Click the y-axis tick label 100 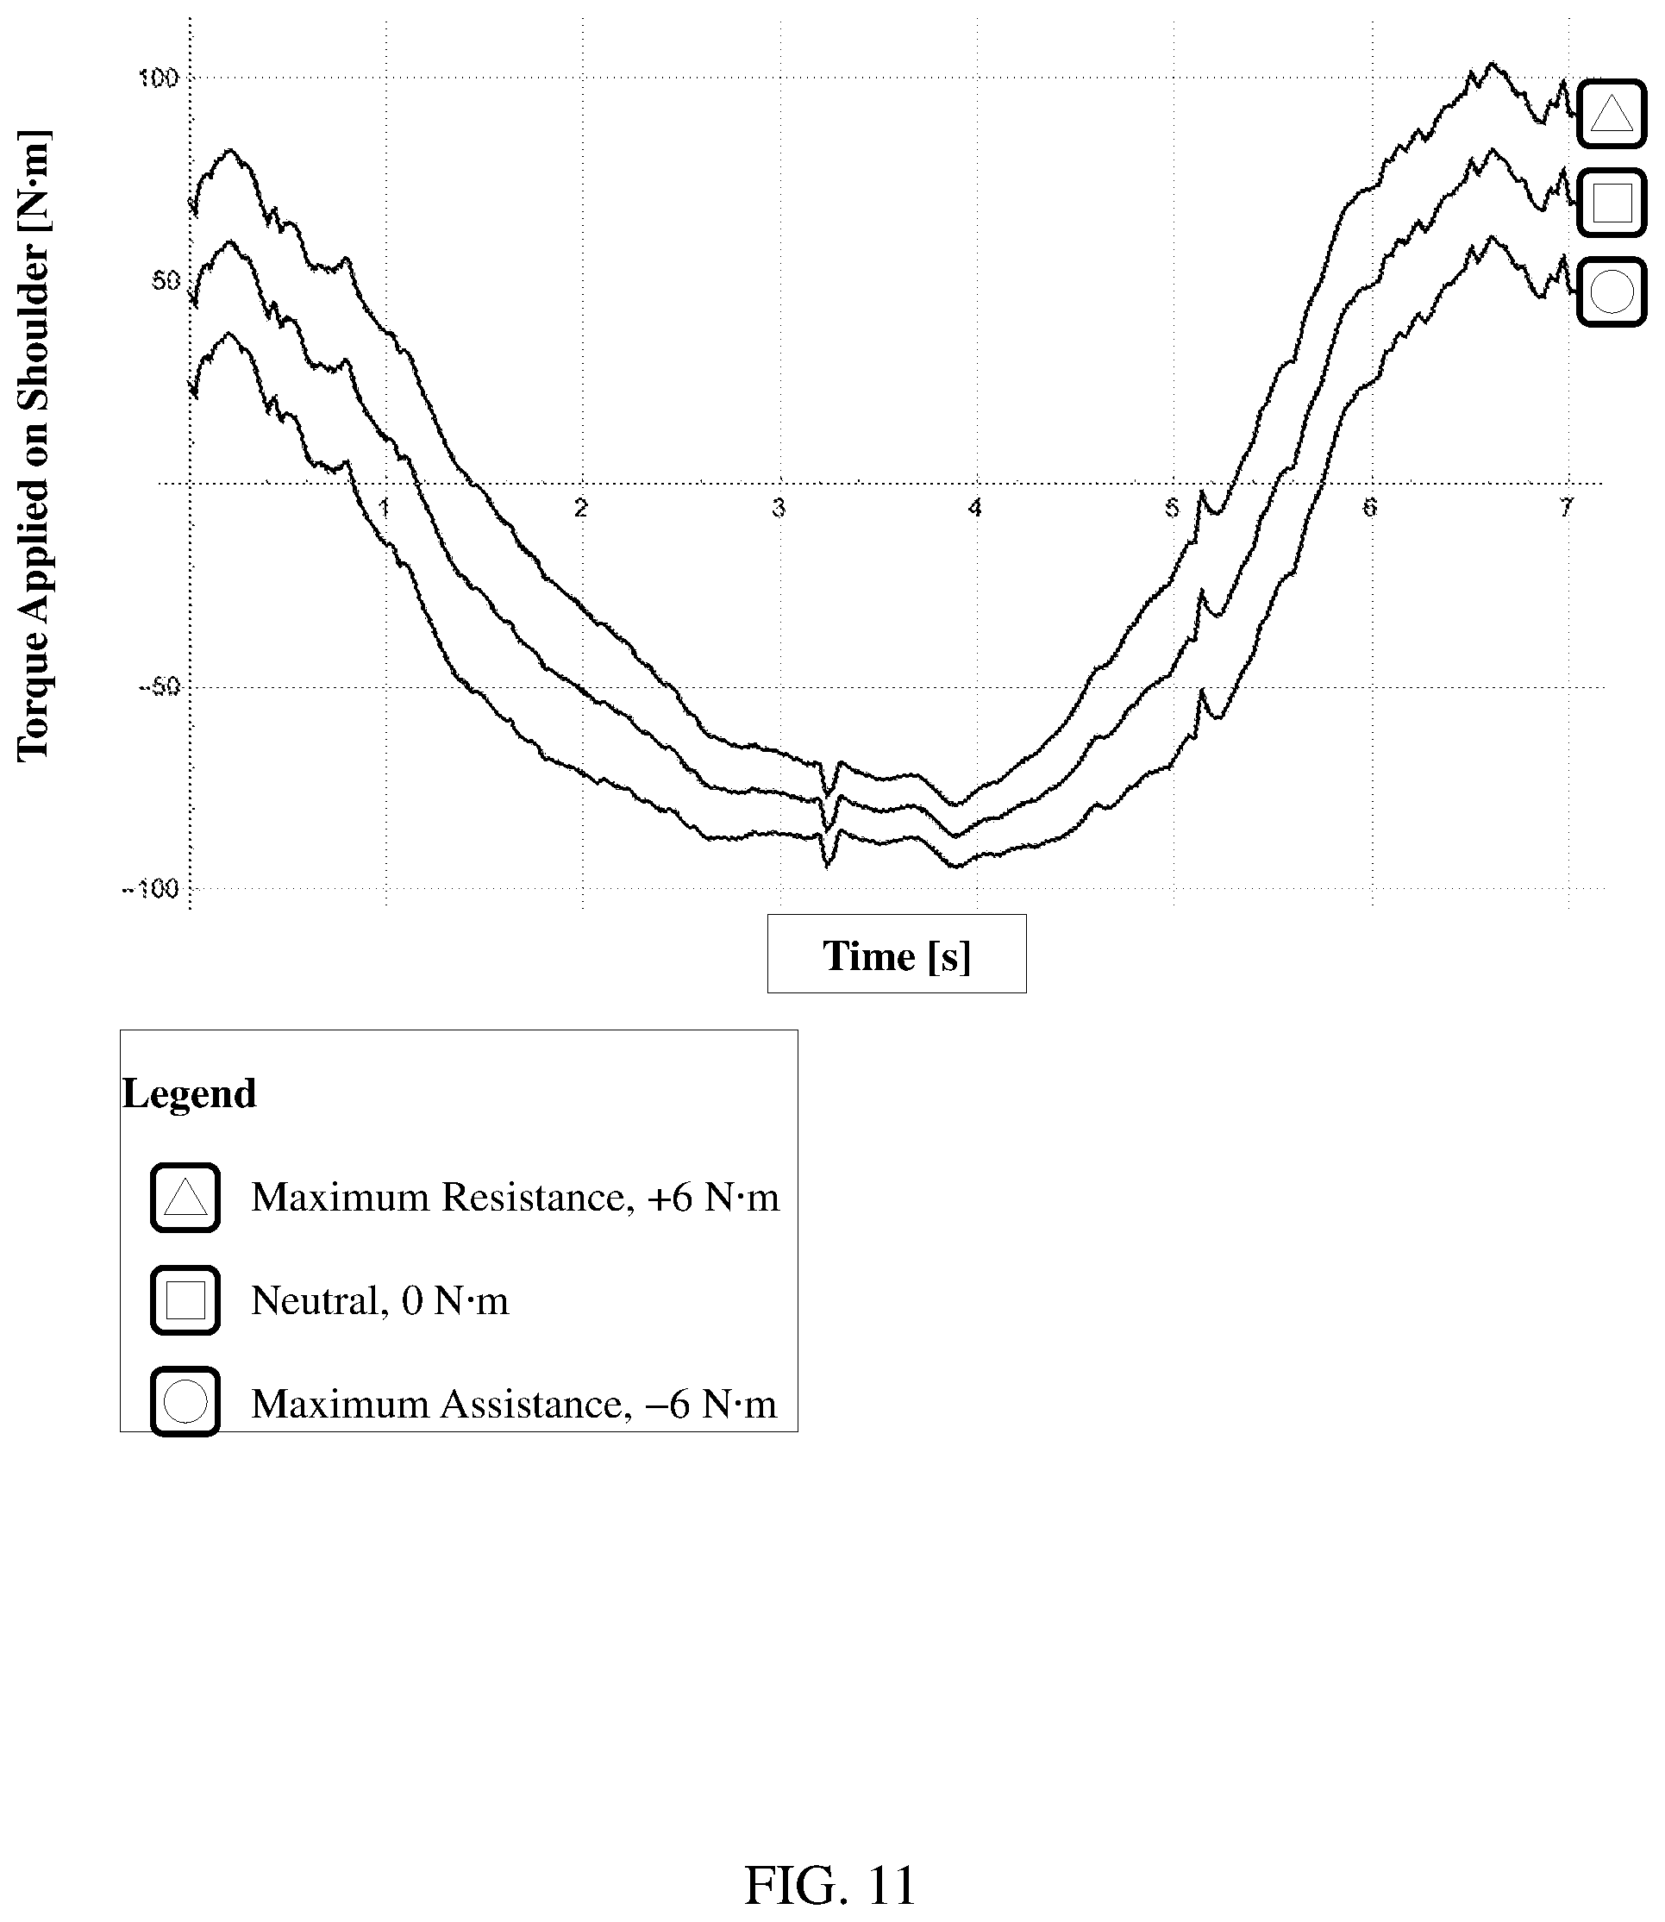coord(158,78)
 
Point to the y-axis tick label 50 coord(165,279)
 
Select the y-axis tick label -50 coord(158,687)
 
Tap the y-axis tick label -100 coord(151,889)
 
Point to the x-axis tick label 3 coord(778,507)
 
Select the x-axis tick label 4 coord(974,507)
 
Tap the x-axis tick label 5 coord(1172,507)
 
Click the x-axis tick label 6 coord(1368,507)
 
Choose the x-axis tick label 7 coord(1566,507)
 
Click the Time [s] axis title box coord(897,954)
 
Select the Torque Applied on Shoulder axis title coord(34,446)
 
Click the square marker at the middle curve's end coord(1612,203)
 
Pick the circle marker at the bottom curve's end coord(1612,291)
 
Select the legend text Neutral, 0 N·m coord(380,1300)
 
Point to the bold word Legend coord(190,1093)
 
